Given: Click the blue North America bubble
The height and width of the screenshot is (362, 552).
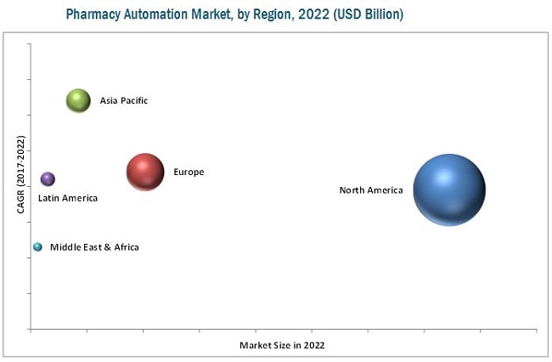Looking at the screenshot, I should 449,190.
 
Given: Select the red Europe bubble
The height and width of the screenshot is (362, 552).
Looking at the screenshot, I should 145,172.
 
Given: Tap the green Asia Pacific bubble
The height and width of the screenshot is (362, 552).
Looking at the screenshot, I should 78,100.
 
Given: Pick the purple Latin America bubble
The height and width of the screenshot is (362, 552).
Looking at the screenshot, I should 48,178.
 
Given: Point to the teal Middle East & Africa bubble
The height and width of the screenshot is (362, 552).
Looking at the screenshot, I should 37,247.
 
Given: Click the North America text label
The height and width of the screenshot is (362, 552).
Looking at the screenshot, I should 371,190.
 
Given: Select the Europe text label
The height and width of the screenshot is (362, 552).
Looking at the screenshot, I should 189,173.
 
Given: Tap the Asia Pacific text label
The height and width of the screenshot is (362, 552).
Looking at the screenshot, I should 124,100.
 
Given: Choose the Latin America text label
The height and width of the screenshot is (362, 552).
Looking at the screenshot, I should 68,198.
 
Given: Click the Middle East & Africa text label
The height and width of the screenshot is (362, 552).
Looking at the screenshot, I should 94,247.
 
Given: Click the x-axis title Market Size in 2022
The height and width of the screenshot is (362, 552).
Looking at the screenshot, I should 282,345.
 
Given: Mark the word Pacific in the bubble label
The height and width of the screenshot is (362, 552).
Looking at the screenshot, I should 132,100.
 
